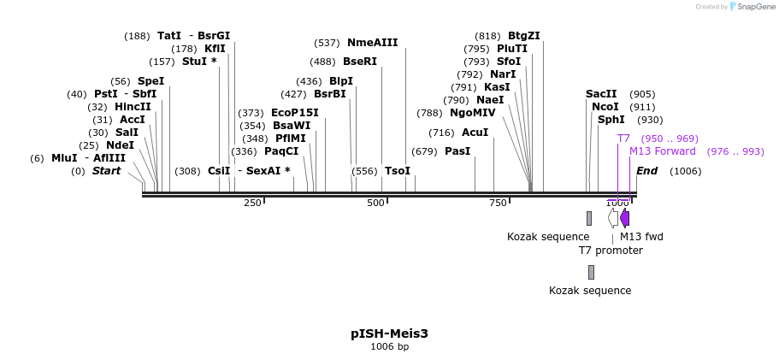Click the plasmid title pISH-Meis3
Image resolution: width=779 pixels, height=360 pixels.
click(x=389, y=333)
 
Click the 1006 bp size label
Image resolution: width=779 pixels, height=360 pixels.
click(x=389, y=346)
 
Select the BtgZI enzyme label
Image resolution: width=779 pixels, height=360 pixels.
click(x=523, y=36)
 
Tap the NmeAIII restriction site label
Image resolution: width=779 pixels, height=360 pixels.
click(x=372, y=43)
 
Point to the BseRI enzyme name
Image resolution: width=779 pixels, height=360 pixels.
click(x=359, y=62)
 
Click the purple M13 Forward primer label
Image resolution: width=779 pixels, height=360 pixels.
click(x=663, y=151)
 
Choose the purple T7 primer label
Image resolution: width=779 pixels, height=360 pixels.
click(x=623, y=139)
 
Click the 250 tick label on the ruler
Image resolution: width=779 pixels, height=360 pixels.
click(x=252, y=203)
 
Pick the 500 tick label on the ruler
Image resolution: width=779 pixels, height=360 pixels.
click(x=375, y=203)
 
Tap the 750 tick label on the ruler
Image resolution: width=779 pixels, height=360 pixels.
click(x=499, y=203)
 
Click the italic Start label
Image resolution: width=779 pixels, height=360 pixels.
click(x=106, y=171)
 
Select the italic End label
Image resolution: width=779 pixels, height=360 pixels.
click(x=646, y=171)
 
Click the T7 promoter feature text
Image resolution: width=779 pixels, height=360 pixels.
click(x=611, y=251)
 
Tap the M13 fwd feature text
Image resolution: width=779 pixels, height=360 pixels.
click(x=641, y=237)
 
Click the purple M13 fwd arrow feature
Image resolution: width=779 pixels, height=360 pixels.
click(x=625, y=218)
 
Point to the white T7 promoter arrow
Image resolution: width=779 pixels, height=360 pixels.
click(x=613, y=218)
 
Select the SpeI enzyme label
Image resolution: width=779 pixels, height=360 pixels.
click(x=150, y=81)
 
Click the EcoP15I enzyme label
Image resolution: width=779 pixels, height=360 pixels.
click(x=294, y=113)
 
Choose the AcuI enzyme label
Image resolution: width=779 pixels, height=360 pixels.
click(x=475, y=133)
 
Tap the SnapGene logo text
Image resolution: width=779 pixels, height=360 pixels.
click(x=756, y=7)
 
